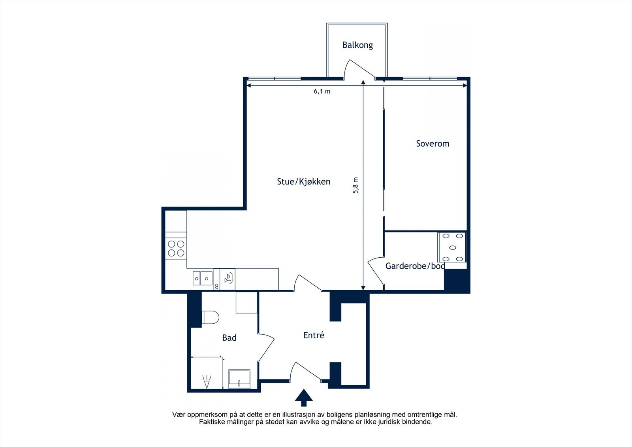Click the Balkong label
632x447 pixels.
click(x=357, y=45)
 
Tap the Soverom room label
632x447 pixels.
click(x=433, y=143)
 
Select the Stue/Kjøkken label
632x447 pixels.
click(x=304, y=181)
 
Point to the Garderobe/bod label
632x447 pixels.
click(x=415, y=266)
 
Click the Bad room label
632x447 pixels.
click(x=229, y=338)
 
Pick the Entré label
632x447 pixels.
click(x=314, y=335)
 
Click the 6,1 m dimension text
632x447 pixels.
click(x=322, y=91)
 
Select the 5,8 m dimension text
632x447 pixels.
click(x=355, y=185)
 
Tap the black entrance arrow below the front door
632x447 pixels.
click(x=304, y=398)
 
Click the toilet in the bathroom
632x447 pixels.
click(x=211, y=317)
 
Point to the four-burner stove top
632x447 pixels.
click(x=176, y=249)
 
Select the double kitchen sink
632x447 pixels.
click(x=203, y=278)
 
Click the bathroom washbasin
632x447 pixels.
click(x=239, y=378)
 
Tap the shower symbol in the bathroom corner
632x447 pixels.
click(x=207, y=382)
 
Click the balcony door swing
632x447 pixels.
click(x=359, y=70)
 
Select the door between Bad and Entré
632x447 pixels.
click(x=266, y=347)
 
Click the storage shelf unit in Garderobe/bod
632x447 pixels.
click(x=452, y=247)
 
